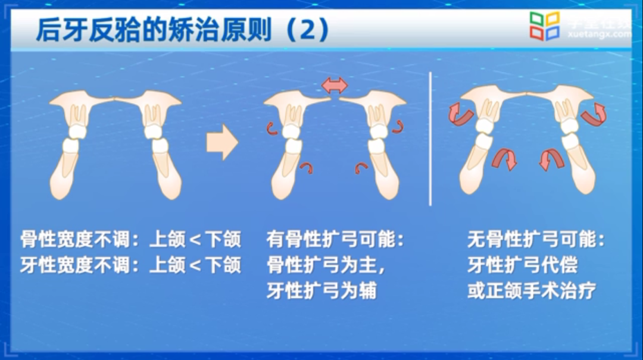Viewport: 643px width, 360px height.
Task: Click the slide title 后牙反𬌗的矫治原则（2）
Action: click(x=182, y=29)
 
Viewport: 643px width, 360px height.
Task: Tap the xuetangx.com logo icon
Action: click(x=545, y=26)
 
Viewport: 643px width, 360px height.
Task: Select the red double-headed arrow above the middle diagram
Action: click(x=335, y=86)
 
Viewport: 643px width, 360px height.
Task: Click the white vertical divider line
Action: click(x=430, y=138)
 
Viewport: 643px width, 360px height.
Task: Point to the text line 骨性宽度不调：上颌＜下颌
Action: click(x=130, y=240)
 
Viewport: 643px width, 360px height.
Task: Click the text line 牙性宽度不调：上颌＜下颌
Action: click(x=130, y=265)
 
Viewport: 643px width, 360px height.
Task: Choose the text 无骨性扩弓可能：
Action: click(x=536, y=240)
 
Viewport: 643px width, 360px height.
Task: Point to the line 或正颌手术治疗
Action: click(x=531, y=291)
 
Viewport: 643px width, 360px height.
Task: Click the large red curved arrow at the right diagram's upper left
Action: click(x=458, y=113)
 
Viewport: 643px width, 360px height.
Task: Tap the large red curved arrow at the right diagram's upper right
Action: click(x=595, y=113)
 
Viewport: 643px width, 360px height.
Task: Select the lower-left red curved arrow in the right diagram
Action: click(x=504, y=159)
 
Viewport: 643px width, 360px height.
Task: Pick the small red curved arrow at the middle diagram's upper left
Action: click(x=272, y=126)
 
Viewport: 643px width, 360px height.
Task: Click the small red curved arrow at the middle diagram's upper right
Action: click(x=397, y=125)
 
